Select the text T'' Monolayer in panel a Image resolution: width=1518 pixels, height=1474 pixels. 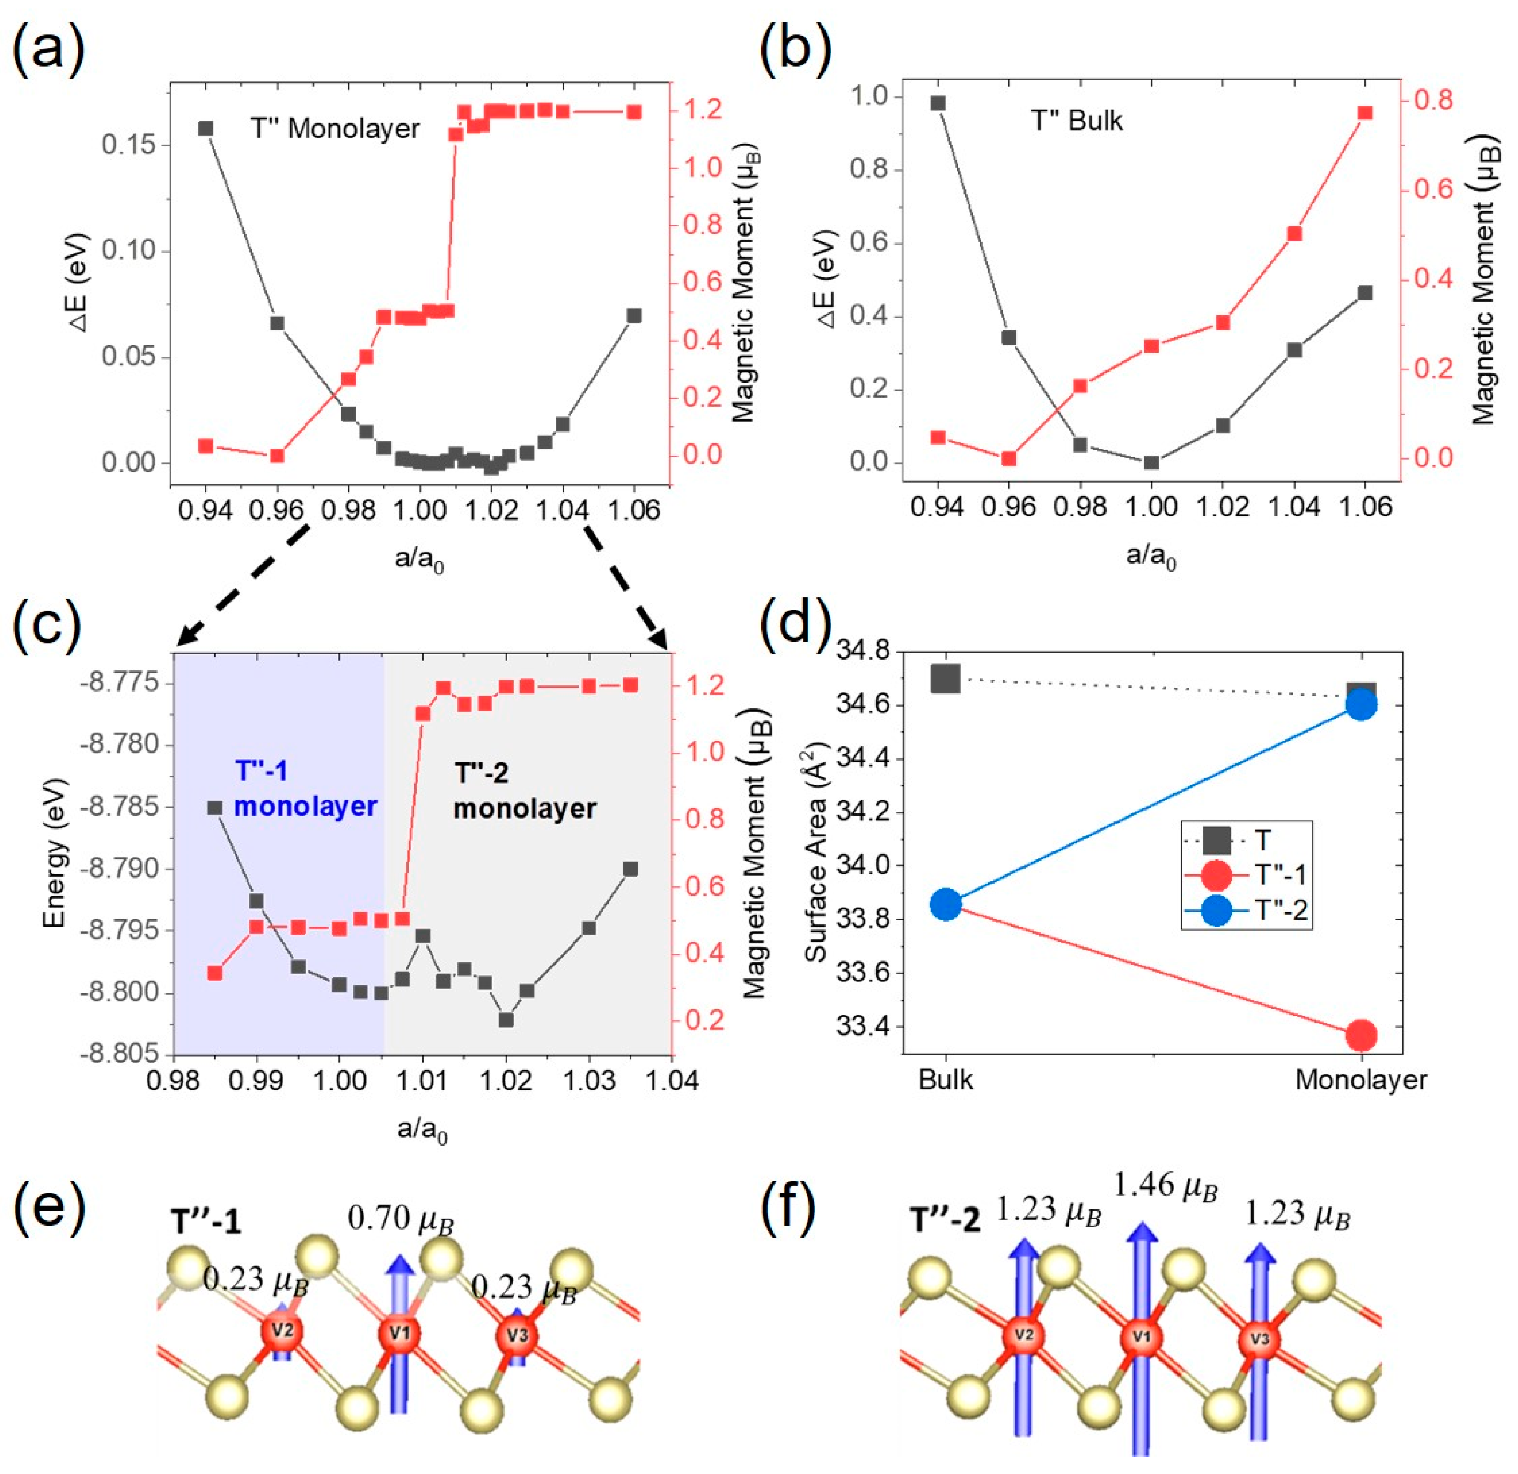pos(335,129)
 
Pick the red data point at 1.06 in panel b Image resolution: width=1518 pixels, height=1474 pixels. pos(1364,113)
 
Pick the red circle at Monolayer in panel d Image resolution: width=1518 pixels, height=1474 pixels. pos(1361,1034)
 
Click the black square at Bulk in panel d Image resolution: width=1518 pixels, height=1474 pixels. pos(946,679)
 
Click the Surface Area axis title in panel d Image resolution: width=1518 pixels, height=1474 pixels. pos(818,851)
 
